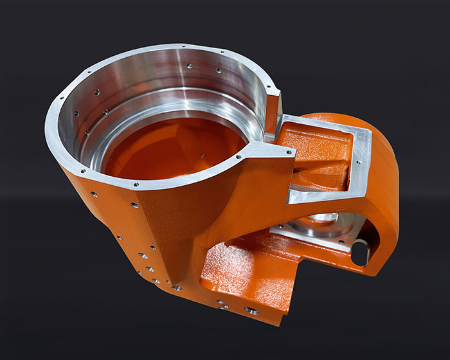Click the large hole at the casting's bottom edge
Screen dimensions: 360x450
click(252, 311)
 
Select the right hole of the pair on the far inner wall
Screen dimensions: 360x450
click(217, 70)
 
